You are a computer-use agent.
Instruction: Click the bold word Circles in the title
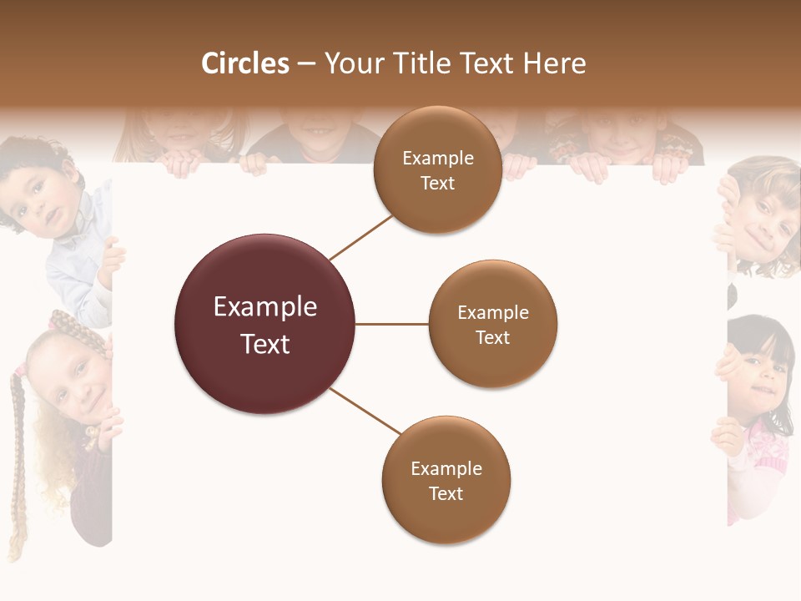pos(244,63)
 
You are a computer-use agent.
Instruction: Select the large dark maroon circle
pos(264,324)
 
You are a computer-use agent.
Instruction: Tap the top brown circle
pos(437,170)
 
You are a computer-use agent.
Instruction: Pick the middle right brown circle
pos(492,324)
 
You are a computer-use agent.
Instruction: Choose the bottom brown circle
pos(446,481)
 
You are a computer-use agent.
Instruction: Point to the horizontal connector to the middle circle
pos(391,324)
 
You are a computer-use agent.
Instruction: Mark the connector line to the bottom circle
pos(365,412)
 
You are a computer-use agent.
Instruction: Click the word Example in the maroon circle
pos(264,307)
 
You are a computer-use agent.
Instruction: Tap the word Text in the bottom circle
pos(446,494)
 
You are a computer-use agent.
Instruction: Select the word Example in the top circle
pos(437,158)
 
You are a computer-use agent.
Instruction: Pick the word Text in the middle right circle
pos(492,338)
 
